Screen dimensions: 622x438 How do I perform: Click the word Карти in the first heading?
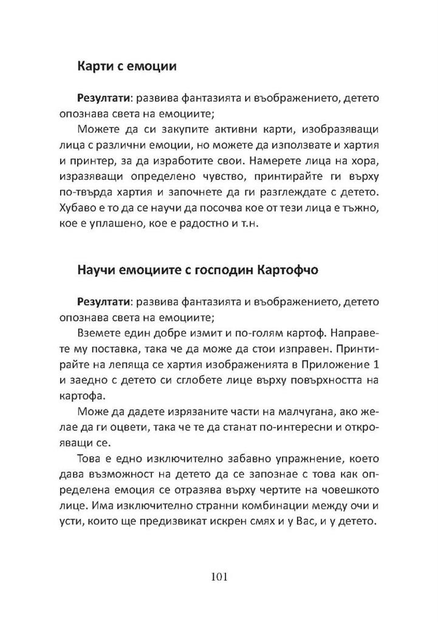click(x=96, y=67)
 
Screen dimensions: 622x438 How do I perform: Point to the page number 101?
click(x=219, y=576)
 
